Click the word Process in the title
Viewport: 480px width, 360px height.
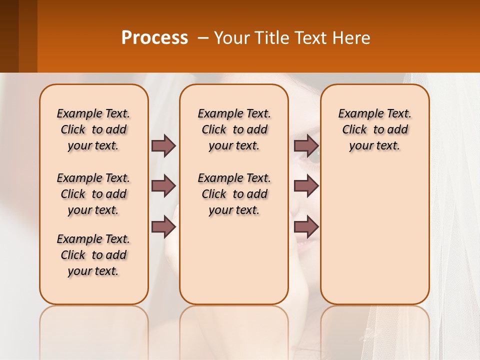click(154, 37)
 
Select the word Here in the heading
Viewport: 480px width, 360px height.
click(352, 38)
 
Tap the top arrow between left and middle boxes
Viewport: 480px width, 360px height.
click(163, 145)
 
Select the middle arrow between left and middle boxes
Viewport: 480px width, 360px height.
click(163, 186)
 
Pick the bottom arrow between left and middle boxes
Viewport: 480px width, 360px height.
click(163, 227)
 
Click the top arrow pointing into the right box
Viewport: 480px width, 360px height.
click(306, 145)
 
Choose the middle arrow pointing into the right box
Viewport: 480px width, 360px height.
click(306, 186)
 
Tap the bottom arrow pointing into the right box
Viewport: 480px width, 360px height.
click(306, 227)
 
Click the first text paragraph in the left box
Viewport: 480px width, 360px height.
click(93, 129)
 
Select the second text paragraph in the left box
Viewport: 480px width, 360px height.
click(93, 194)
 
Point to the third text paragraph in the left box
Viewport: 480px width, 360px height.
click(93, 255)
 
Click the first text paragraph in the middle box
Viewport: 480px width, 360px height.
click(234, 129)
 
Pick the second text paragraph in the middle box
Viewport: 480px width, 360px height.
click(234, 194)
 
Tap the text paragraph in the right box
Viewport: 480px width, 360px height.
click(374, 129)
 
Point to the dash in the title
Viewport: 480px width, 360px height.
click(203, 38)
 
